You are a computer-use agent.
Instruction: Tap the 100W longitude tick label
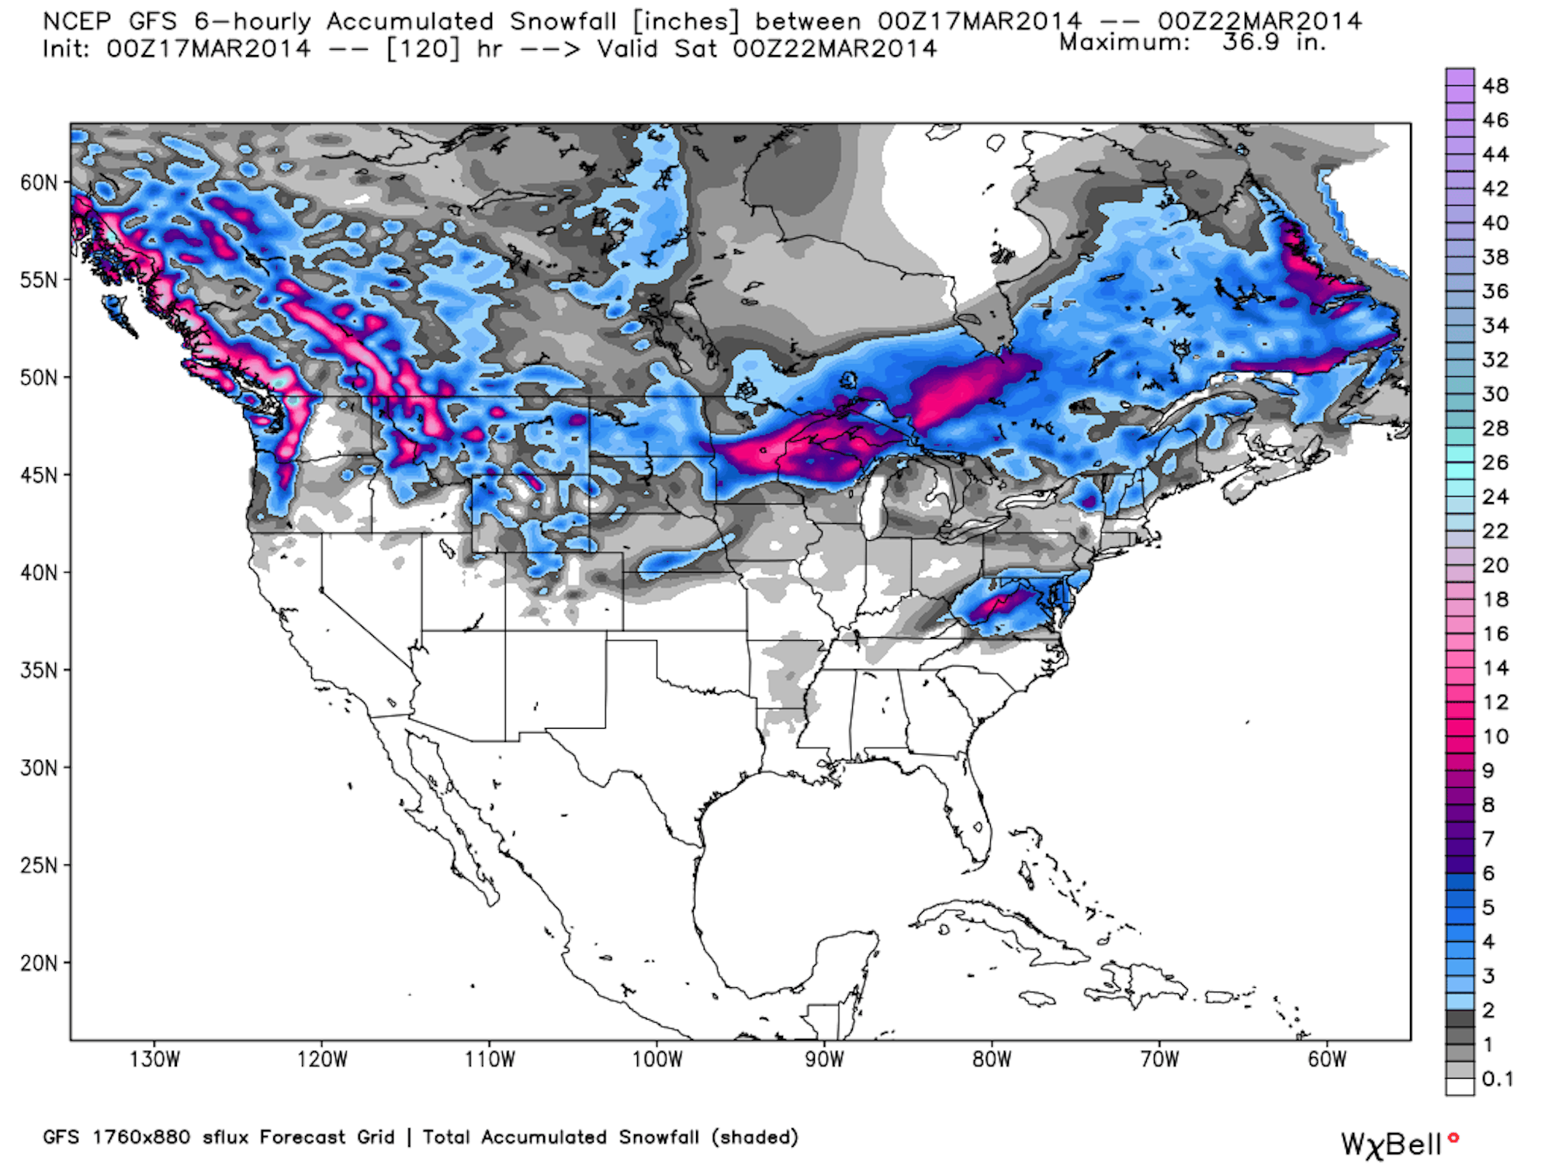[x=656, y=1059]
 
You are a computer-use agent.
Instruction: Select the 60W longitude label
[x=1327, y=1059]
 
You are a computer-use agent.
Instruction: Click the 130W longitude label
[x=154, y=1059]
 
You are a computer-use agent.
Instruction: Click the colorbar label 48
[x=1495, y=86]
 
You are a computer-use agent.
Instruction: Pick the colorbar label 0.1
[x=1497, y=1079]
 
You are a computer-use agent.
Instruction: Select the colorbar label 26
[x=1495, y=462]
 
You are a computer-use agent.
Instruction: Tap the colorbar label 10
[x=1495, y=736]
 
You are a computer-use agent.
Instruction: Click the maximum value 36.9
[x=1250, y=42]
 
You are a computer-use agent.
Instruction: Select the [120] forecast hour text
[x=422, y=49]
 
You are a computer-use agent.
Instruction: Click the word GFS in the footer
[x=61, y=1137]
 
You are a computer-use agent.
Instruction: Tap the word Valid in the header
[x=627, y=49]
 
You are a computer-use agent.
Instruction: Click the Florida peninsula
[x=970, y=815]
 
